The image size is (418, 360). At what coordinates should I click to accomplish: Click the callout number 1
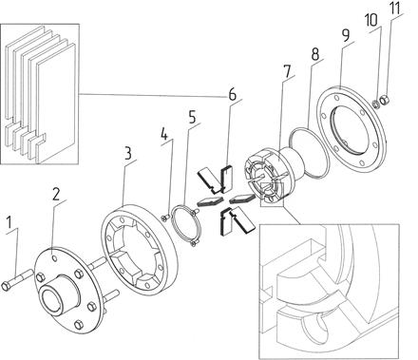click(9, 222)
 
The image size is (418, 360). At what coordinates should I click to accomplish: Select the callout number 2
click(56, 194)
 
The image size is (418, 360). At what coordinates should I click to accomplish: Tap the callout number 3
click(127, 153)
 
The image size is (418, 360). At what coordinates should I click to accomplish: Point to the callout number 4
click(164, 134)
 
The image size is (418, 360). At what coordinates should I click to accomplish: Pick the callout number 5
click(192, 117)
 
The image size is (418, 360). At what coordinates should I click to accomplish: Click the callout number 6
click(233, 94)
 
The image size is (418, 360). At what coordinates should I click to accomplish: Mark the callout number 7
click(287, 71)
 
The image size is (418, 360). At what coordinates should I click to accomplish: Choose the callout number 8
click(314, 54)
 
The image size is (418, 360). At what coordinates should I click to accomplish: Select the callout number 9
click(346, 35)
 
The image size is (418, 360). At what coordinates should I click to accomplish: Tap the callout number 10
click(370, 20)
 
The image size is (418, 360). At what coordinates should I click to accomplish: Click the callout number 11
click(394, 9)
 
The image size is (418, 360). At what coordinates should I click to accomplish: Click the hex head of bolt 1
click(6, 286)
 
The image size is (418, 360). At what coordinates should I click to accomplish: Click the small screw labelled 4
click(165, 218)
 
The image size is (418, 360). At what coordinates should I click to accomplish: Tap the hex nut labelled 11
click(384, 101)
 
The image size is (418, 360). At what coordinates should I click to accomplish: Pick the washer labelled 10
click(374, 104)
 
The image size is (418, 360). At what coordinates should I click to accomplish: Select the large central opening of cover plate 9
click(350, 129)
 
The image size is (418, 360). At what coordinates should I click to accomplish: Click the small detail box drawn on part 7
click(272, 194)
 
